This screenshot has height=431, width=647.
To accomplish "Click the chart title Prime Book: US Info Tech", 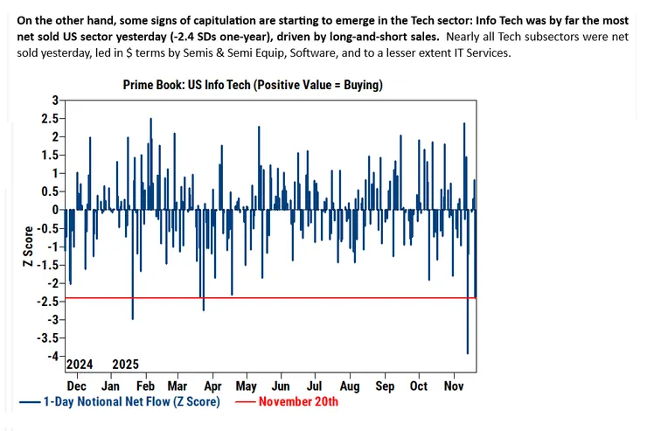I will tap(247, 85).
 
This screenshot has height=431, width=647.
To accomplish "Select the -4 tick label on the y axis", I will tap(53, 356).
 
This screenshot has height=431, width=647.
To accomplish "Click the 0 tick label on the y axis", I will tap(57, 210).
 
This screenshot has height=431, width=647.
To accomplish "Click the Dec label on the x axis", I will tap(78, 385).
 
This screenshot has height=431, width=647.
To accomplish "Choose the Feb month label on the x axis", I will tap(145, 385).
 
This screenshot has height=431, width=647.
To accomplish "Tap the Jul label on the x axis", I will tap(315, 385).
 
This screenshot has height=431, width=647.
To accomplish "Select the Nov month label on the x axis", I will tap(453, 385).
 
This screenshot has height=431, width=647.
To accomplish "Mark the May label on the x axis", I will tap(247, 385).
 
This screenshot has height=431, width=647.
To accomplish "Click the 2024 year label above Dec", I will tap(80, 364).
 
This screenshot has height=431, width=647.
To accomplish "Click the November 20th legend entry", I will tap(296, 401).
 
